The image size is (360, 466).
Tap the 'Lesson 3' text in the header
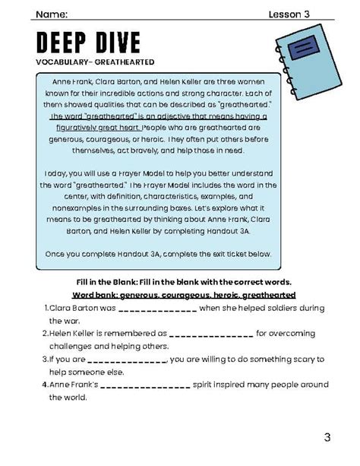pos(289,14)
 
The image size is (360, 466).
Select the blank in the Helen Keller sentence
pos(211,333)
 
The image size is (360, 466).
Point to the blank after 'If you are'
pos(128,359)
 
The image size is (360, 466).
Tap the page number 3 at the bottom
pos(327,437)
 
